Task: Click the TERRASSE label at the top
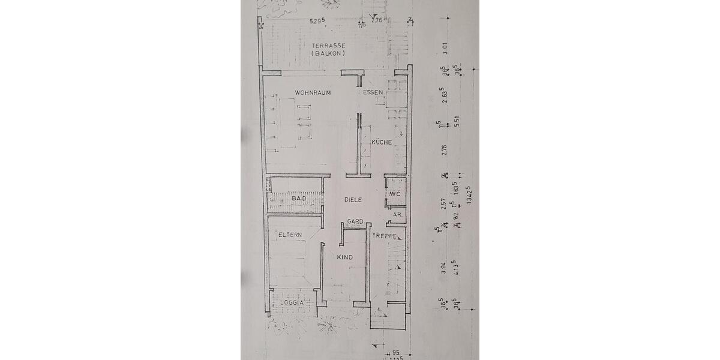pyautogui.click(x=328, y=46)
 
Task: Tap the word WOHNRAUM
pyautogui.click(x=313, y=93)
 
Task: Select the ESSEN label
pyautogui.click(x=373, y=93)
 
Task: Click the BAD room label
pyautogui.click(x=299, y=198)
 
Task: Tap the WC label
pyautogui.click(x=395, y=194)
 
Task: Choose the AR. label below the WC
pyautogui.click(x=397, y=214)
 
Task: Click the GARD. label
pyautogui.click(x=356, y=222)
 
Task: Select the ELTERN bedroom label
pyautogui.click(x=289, y=235)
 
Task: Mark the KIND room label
pyautogui.click(x=344, y=257)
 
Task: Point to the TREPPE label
pyautogui.click(x=384, y=237)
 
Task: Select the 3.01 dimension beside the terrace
pyautogui.click(x=445, y=48)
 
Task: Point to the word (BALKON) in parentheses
pyautogui.click(x=328, y=53)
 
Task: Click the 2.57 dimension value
pyautogui.click(x=445, y=204)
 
